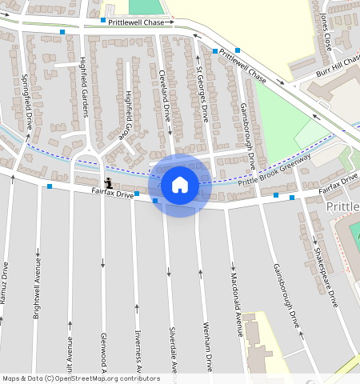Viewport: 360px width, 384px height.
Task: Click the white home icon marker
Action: (x=180, y=185)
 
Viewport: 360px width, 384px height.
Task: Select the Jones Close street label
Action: (x=323, y=33)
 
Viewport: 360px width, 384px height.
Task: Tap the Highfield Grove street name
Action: (x=127, y=116)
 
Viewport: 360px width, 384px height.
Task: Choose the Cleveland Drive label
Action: (x=165, y=95)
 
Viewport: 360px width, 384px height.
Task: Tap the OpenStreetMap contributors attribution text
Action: (x=107, y=378)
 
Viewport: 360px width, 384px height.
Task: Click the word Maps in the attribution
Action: (x=11, y=378)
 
